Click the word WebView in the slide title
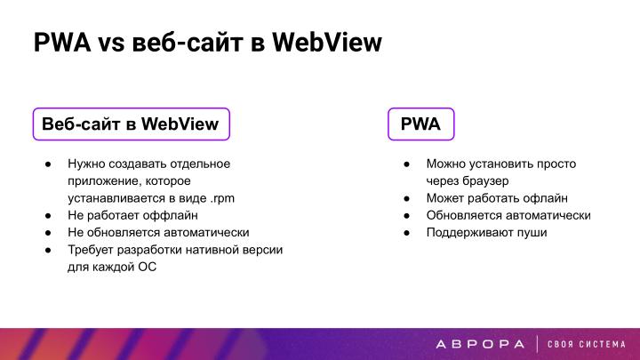pyautogui.click(x=325, y=42)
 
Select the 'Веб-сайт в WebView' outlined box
pyautogui.click(x=131, y=124)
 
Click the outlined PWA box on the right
pyautogui.click(x=420, y=124)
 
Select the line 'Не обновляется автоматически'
pyautogui.click(x=158, y=232)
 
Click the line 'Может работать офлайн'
pyautogui.click(x=496, y=197)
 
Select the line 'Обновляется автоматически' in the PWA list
pyautogui.click(x=508, y=215)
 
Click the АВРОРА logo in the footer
pyautogui.click(x=481, y=344)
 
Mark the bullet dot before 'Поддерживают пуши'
pyautogui.click(x=404, y=232)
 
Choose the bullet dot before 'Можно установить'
pyautogui.click(x=404, y=164)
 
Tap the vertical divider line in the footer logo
pyautogui.click(x=536, y=344)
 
